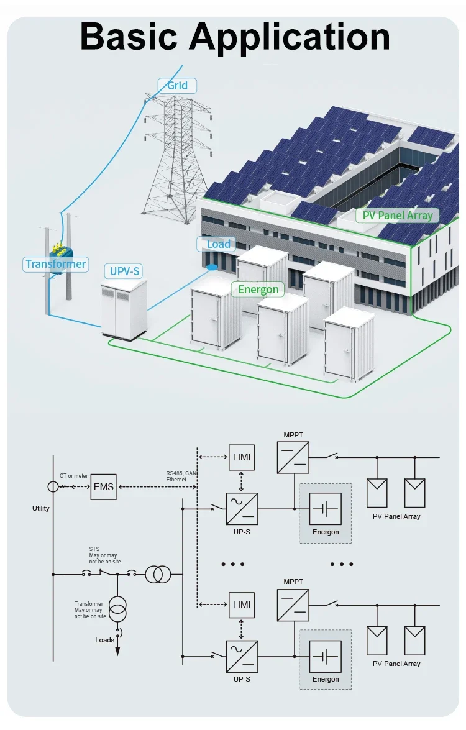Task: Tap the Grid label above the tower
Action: click(177, 85)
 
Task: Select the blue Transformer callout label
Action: click(56, 264)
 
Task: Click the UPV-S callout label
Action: click(125, 271)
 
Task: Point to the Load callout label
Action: click(217, 244)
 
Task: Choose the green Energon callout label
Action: click(258, 290)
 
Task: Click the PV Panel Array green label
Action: click(398, 216)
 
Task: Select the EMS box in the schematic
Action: click(104, 486)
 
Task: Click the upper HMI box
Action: click(241, 457)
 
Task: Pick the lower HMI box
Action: click(241, 605)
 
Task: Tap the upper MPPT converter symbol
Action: click(293, 457)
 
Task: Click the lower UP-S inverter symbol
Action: click(242, 656)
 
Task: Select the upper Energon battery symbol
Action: click(325, 509)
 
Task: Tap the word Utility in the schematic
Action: click(41, 508)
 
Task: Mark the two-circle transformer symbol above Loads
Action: click(117, 609)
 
